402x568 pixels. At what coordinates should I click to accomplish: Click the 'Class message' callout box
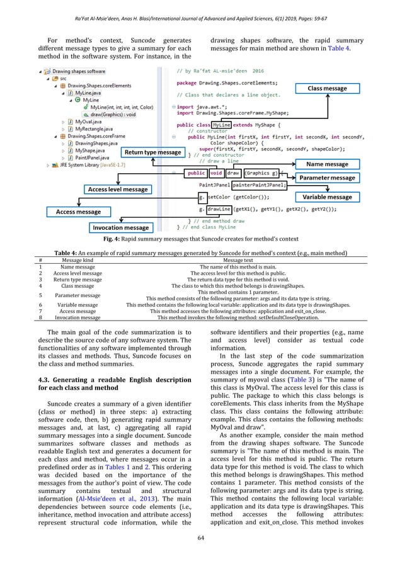tap(326, 89)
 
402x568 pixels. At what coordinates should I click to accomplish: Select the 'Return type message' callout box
tap(152, 152)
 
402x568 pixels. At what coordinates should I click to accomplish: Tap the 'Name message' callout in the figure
tap(326, 164)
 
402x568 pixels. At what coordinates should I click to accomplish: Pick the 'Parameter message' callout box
tap(326, 178)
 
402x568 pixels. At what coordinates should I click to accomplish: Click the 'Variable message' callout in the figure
tap(326, 197)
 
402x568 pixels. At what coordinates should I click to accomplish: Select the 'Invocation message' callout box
tap(120, 227)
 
